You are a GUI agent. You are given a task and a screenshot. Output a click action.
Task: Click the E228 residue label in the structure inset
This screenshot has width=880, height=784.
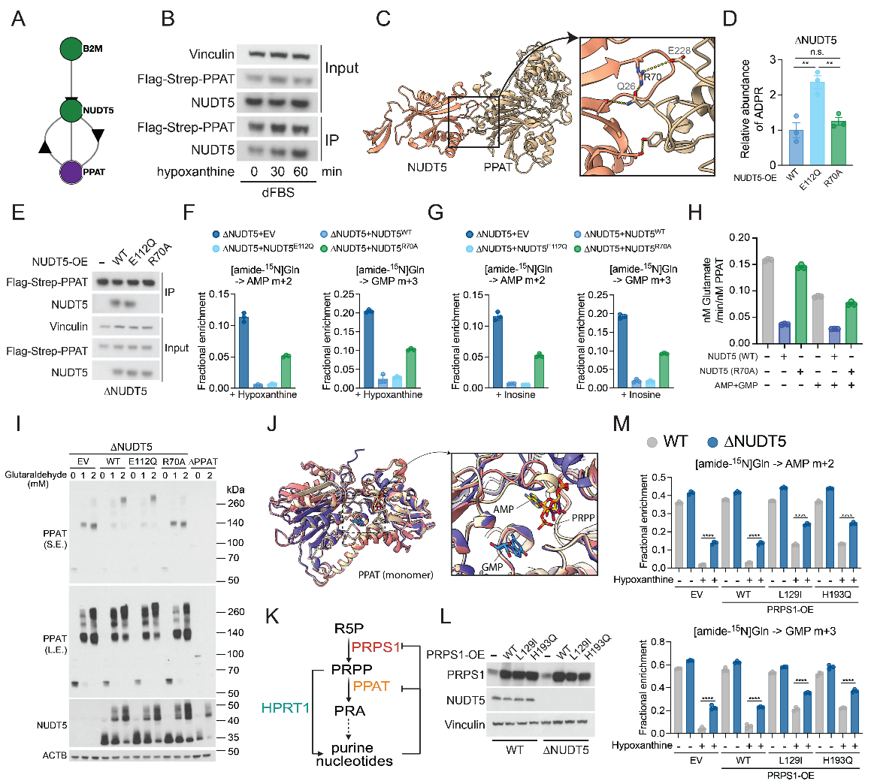[679, 51]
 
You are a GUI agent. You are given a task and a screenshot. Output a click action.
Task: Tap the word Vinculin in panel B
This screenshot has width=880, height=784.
[211, 55]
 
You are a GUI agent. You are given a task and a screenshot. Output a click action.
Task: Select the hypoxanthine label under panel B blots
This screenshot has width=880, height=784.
[195, 172]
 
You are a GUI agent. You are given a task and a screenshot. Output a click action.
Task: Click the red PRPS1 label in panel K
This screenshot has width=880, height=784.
[376, 647]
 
